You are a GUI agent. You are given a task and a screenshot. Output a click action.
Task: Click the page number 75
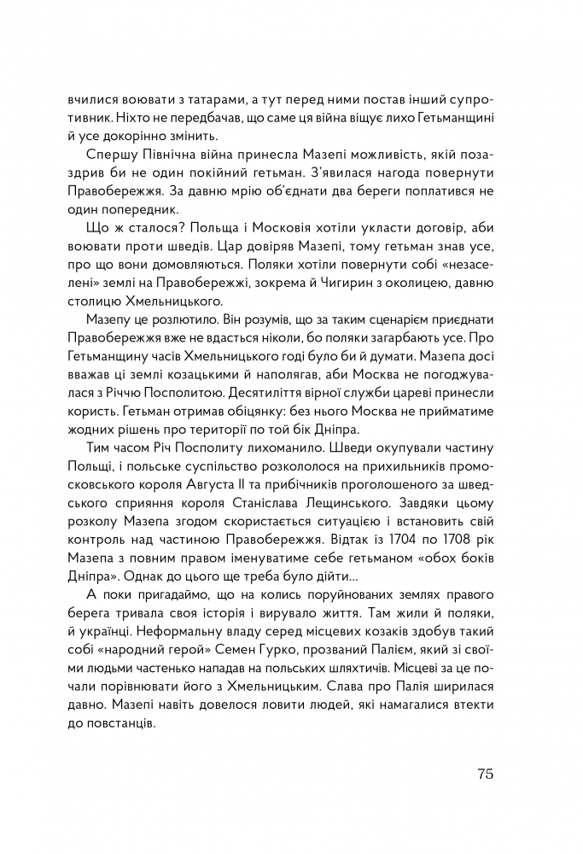[x=481, y=775]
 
